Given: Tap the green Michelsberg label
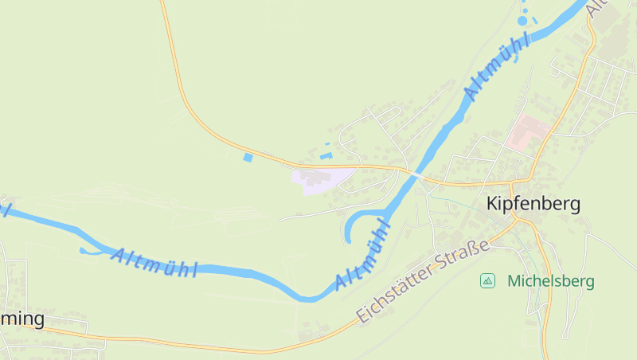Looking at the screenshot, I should (550, 280).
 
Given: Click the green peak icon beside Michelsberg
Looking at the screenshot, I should (487, 280).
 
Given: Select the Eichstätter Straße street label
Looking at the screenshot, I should (422, 283).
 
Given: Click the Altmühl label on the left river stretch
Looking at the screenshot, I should (154, 263).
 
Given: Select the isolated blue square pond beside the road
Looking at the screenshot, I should (248, 158).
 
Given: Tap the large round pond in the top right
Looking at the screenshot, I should (522, 21).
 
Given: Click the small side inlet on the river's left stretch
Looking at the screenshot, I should (84, 252).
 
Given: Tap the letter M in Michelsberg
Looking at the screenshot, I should (514, 280).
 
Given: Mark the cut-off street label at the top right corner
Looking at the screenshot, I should (596, 8).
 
